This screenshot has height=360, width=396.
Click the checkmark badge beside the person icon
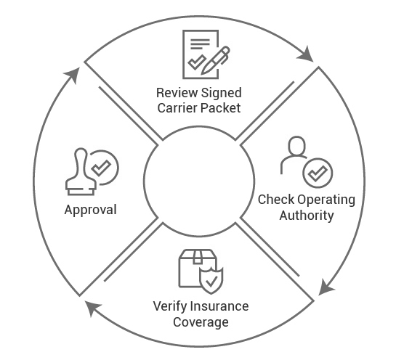[x=317, y=173]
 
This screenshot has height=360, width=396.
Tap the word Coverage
[x=198, y=322]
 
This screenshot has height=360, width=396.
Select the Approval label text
[x=90, y=210]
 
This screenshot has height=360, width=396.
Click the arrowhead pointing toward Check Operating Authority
[x=308, y=54]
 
